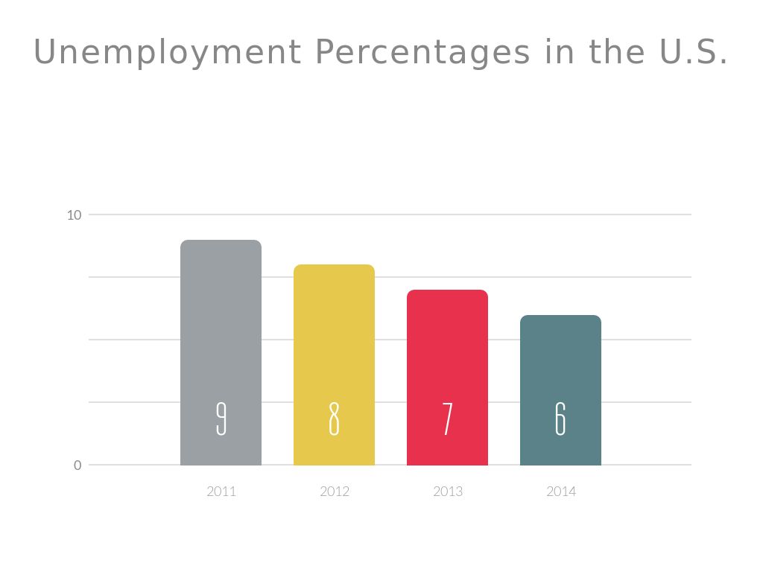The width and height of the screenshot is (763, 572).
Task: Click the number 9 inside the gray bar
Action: pyautogui.click(x=221, y=419)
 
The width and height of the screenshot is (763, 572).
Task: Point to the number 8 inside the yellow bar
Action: pyautogui.click(x=334, y=419)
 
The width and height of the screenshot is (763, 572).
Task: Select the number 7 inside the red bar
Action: pyautogui.click(x=447, y=419)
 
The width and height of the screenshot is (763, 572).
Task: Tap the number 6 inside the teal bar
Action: pyautogui.click(x=560, y=419)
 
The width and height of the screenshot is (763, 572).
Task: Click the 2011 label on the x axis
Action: pyautogui.click(x=221, y=492)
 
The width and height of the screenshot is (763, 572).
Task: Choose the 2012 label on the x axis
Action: pyautogui.click(x=335, y=492)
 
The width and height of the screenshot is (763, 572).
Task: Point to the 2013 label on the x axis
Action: pyautogui.click(x=448, y=492)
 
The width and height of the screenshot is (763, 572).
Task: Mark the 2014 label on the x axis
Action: pyautogui.click(x=561, y=492)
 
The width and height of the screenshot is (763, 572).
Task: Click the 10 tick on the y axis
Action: pyautogui.click(x=74, y=215)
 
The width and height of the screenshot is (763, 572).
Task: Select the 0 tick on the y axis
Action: pyautogui.click(x=77, y=465)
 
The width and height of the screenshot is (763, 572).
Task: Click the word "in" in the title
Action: pyautogui.click(x=559, y=52)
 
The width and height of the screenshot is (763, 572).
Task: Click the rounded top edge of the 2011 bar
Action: pyautogui.click(x=221, y=242)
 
